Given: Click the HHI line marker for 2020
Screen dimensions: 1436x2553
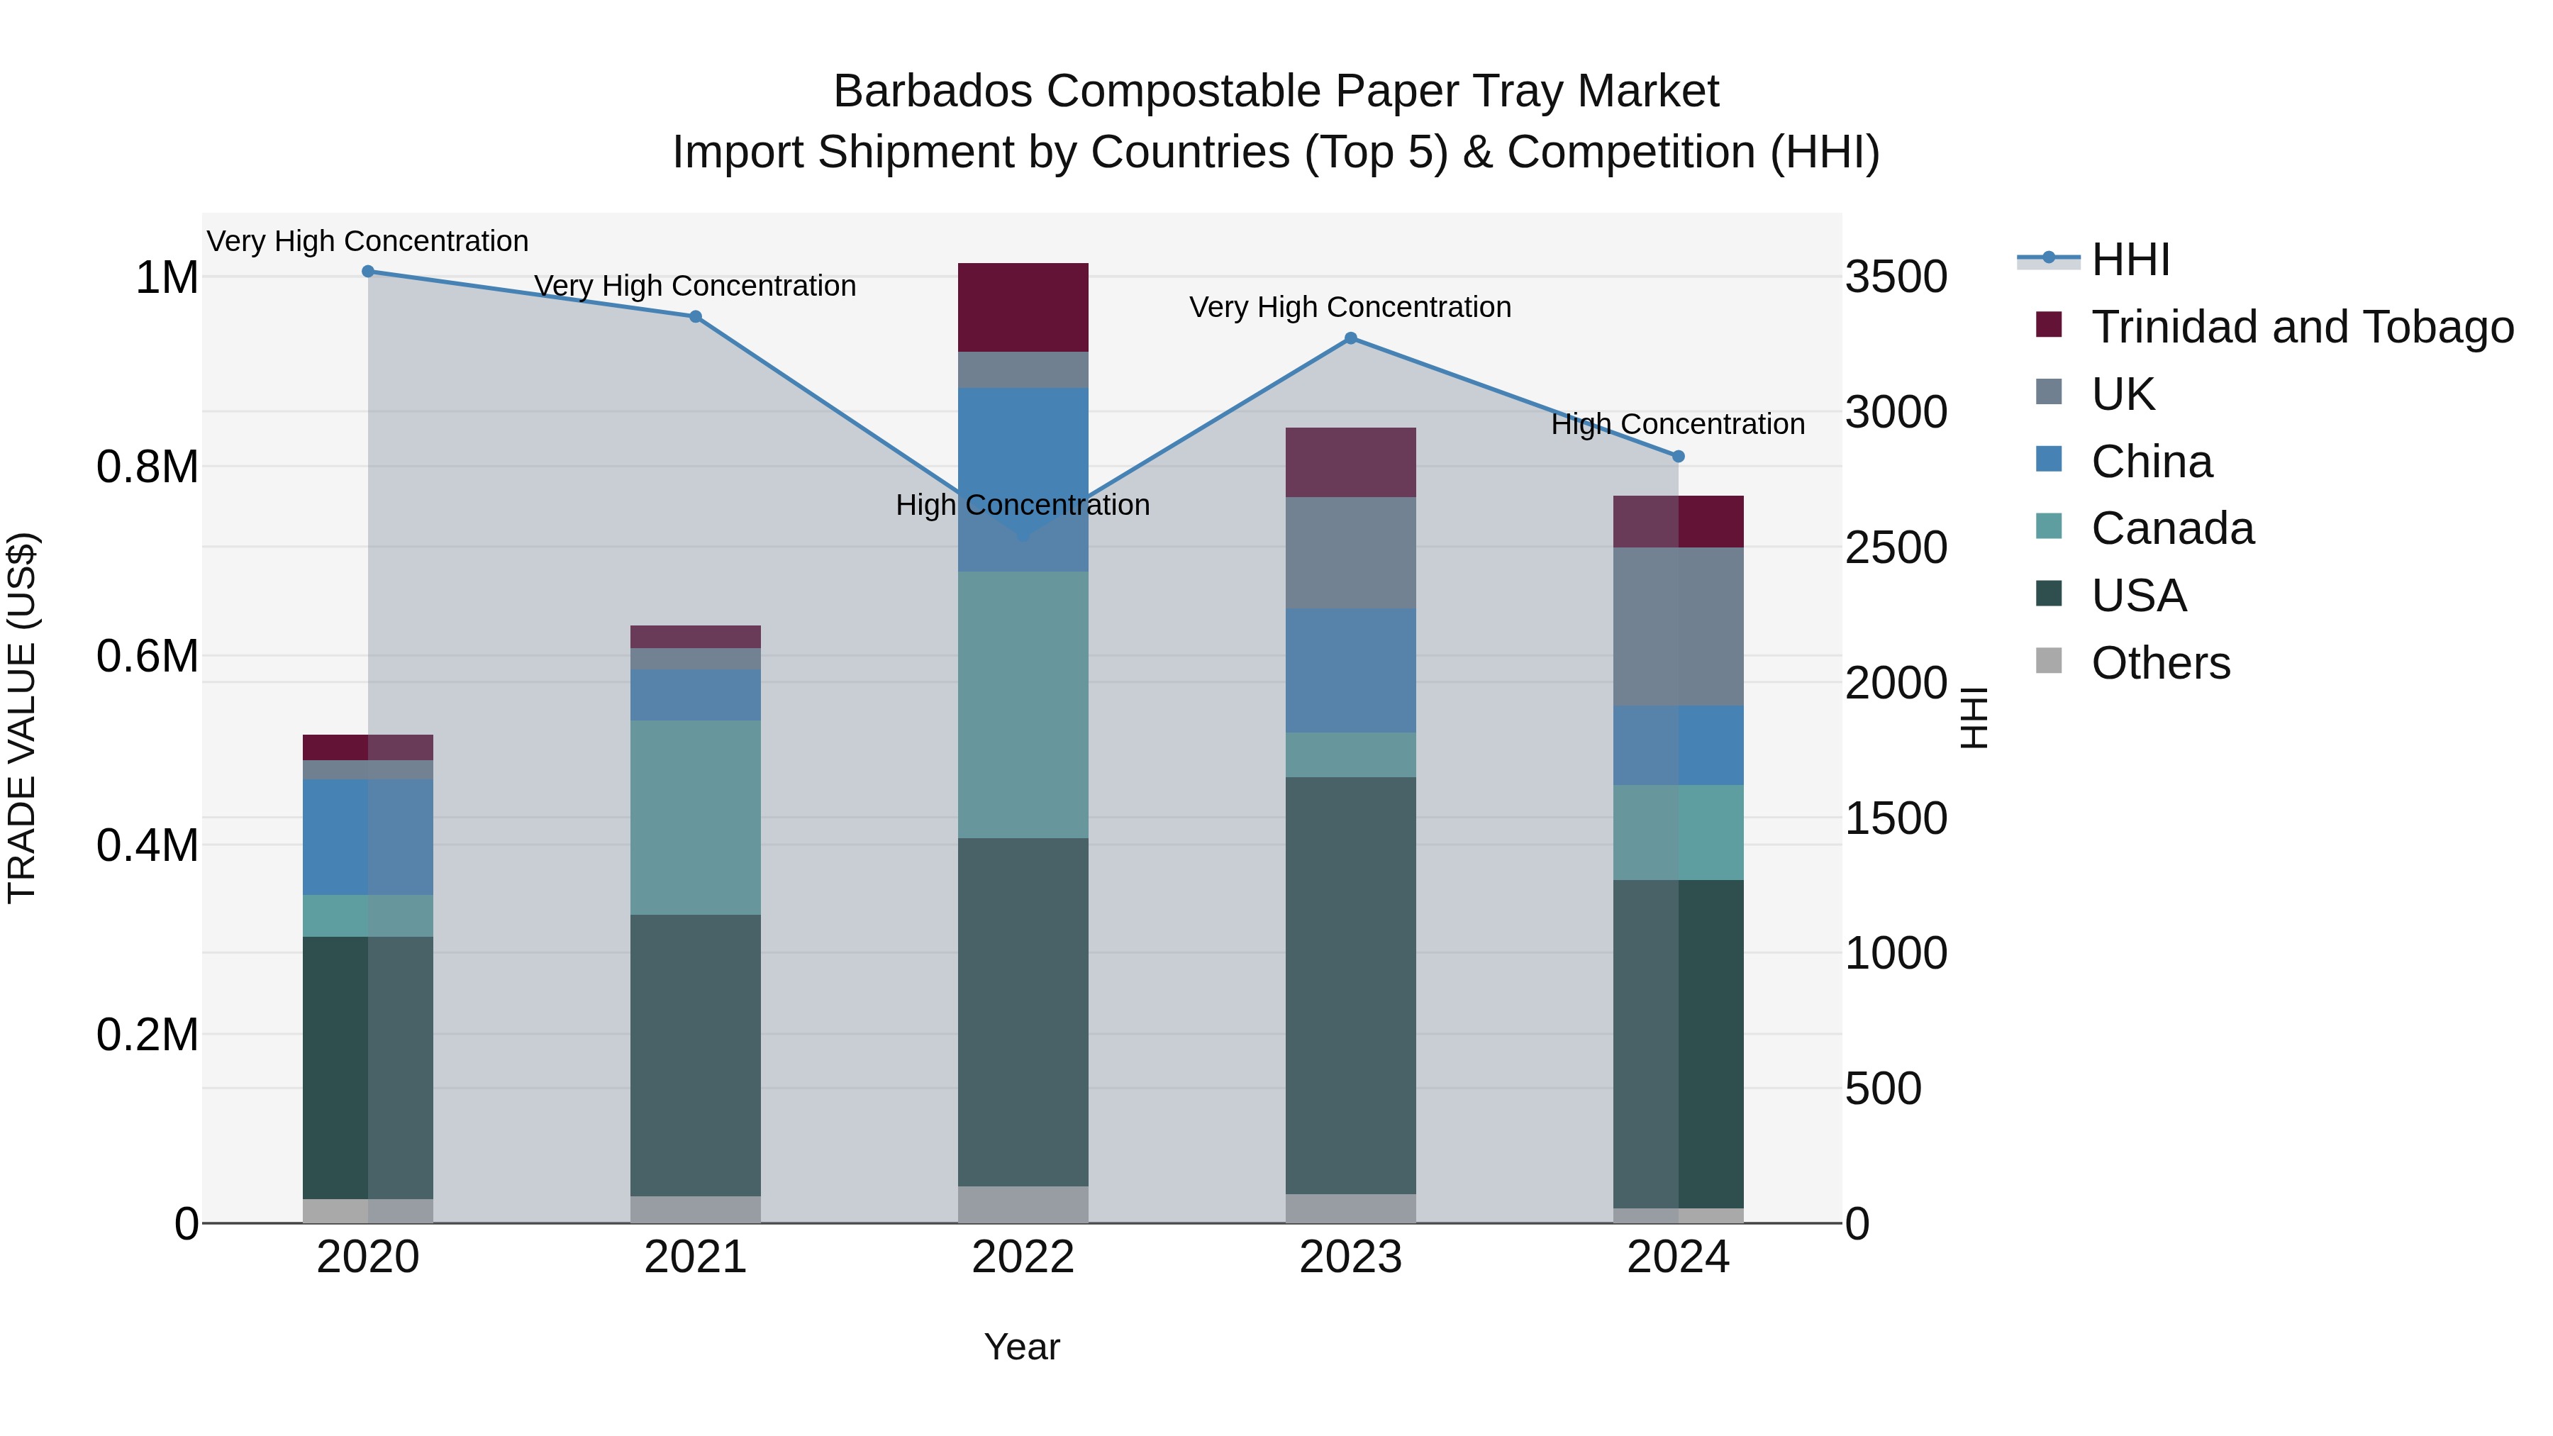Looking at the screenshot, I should tap(367, 271).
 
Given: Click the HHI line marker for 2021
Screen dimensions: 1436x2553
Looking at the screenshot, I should tap(696, 316).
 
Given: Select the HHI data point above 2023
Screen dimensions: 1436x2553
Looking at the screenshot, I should tap(1350, 338).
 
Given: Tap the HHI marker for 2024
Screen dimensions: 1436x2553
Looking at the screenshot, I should tap(1678, 456).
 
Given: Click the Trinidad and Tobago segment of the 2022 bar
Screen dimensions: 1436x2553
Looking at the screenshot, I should tap(1023, 307).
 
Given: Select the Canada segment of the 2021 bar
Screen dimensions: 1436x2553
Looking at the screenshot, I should tap(696, 817).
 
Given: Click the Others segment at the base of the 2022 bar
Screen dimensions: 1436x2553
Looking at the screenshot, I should tap(1023, 1203).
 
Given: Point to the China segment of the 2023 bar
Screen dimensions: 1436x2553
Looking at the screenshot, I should tap(1350, 670).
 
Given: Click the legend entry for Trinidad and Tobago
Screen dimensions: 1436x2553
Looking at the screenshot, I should tap(2301, 326).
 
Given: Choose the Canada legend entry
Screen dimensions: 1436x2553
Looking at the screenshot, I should tap(2171, 528).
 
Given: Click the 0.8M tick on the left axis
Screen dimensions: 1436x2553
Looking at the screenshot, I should tap(147, 467).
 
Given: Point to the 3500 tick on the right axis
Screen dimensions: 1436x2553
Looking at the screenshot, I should tap(1896, 277).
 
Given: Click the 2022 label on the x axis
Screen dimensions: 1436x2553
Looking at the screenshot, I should tap(1023, 1257).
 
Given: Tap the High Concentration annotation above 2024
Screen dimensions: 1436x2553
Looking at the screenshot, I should tap(1677, 424).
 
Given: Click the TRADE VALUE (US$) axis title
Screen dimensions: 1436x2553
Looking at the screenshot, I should tap(22, 718).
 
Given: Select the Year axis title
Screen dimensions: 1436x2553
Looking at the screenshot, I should tap(1022, 1347).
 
